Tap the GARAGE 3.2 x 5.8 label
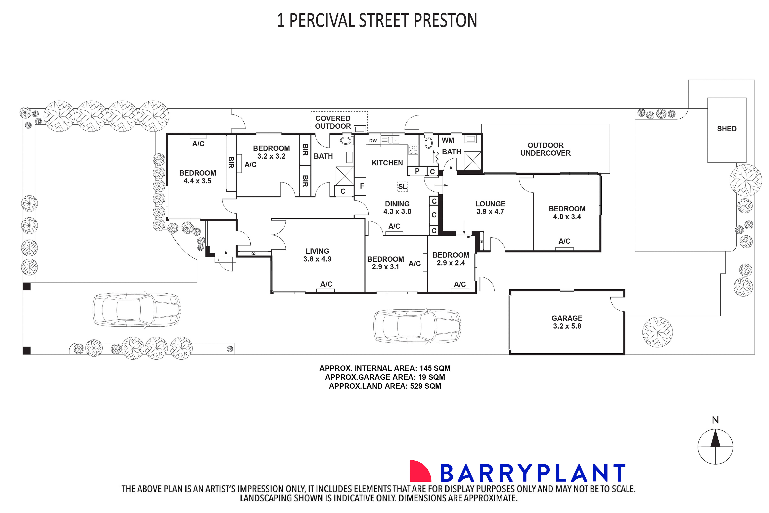(x=567, y=322)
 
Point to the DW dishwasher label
(x=373, y=141)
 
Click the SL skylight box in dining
(x=402, y=187)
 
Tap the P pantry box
(x=417, y=171)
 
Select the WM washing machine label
(x=448, y=140)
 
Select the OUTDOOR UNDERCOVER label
(x=545, y=149)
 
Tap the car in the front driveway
(x=137, y=309)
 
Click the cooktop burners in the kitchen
(x=413, y=150)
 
